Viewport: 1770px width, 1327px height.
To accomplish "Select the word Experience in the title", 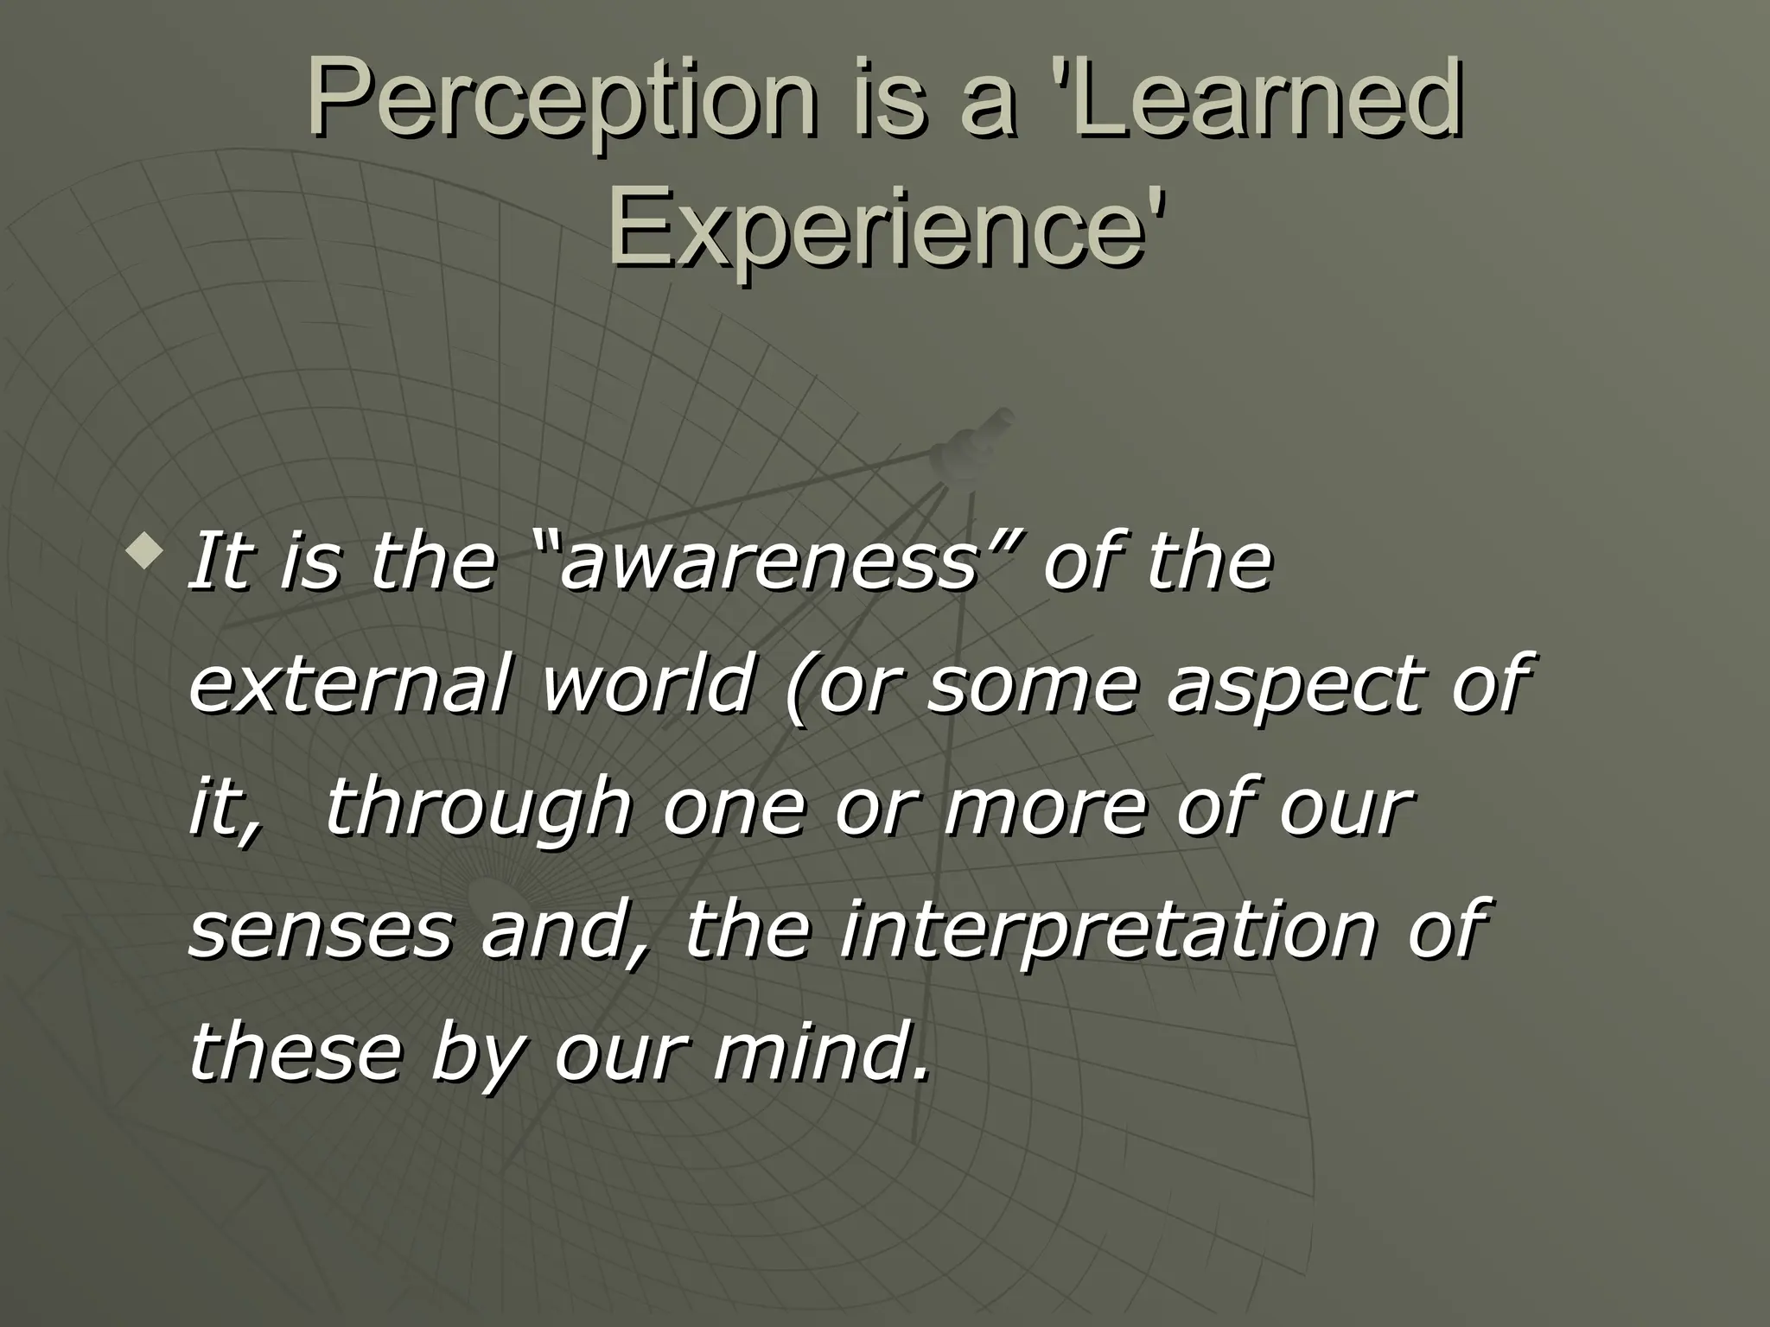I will coord(882,226).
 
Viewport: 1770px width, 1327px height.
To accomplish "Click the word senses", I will coord(321,934).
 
